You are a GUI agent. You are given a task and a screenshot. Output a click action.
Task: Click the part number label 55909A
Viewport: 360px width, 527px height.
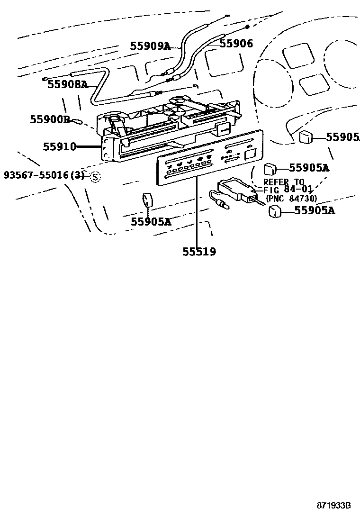[x=150, y=46]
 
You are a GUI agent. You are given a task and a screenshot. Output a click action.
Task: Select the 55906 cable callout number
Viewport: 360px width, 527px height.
[x=236, y=44]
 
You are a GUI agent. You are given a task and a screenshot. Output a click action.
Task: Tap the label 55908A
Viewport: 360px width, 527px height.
[x=67, y=85]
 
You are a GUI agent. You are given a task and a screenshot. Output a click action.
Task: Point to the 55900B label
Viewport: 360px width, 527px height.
[x=50, y=119]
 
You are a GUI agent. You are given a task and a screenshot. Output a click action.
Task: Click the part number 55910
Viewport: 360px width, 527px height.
[x=60, y=146]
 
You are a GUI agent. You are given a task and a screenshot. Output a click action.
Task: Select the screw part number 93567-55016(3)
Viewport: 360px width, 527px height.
[x=44, y=175]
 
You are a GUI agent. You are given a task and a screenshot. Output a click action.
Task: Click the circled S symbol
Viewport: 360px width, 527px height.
[x=96, y=177]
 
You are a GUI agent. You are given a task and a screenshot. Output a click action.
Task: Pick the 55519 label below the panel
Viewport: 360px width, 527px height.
[x=199, y=252]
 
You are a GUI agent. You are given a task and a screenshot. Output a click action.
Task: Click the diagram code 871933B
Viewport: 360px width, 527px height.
[x=333, y=506]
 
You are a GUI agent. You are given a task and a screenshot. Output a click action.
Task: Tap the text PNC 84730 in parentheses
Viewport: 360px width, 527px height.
[x=291, y=198]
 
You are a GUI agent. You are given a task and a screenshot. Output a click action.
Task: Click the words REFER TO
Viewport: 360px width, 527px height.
[x=284, y=182]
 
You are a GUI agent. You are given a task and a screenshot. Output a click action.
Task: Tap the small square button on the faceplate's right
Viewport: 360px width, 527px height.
[x=250, y=154]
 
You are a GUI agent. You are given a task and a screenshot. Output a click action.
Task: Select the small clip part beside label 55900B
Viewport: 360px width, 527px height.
[x=77, y=121]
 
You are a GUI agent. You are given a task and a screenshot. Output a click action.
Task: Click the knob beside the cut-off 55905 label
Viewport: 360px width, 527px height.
[x=306, y=137]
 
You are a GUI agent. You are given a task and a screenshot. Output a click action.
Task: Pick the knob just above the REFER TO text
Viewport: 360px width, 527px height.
[x=270, y=168]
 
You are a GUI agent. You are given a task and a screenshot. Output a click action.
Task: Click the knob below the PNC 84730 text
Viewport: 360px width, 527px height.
[x=274, y=212]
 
